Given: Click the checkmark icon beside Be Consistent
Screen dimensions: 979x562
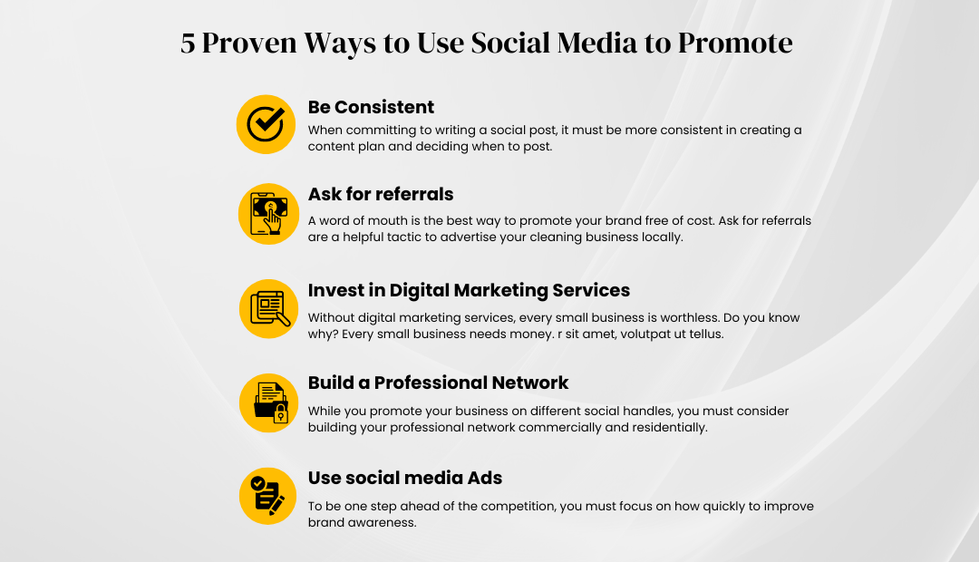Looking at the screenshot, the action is pyautogui.click(x=266, y=124).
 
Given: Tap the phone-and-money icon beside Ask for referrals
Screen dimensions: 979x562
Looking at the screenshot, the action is pyautogui.click(x=268, y=214).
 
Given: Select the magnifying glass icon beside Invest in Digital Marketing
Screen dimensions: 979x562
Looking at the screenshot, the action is pyautogui.click(x=268, y=308).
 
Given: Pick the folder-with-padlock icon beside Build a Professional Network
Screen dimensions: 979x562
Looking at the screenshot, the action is pyautogui.click(x=268, y=402).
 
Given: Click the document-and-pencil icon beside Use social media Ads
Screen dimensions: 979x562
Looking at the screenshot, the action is pyautogui.click(x=267, y=497).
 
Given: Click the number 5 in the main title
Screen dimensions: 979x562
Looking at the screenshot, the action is pyautogui.click(x=188, y=44).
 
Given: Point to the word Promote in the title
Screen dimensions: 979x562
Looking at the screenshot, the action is pyautogui.click(x=735, y=44).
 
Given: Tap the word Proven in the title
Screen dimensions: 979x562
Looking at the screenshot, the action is pyautogui.click(x=249, y=44).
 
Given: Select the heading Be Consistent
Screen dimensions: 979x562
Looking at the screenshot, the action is pyautogui.click(x=371, y=107).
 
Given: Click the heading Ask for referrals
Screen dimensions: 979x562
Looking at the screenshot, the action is pyautogui.click(x=380, y=194).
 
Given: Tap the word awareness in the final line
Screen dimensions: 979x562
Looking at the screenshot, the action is pyautogui.click(x=386, y=523).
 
